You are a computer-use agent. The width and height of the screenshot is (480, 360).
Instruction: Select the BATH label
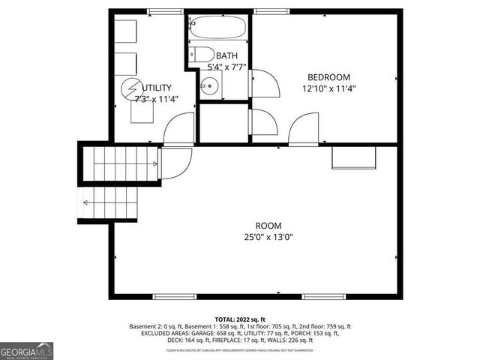[x=226, y=56]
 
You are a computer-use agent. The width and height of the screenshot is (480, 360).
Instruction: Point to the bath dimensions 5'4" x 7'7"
[x=226, y=67]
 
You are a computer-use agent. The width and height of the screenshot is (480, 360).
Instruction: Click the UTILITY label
[x=157, y=88]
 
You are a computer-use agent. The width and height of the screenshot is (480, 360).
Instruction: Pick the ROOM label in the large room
[x=268, y=226]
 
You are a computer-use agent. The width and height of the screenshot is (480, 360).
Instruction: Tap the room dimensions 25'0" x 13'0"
[x=268, y=237]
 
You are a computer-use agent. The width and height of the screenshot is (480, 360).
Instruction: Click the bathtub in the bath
[x=217, y=28]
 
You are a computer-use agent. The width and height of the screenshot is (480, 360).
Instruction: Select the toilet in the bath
[x=199, y=55]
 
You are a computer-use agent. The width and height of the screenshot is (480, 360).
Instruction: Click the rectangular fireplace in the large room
[x=353, y=157]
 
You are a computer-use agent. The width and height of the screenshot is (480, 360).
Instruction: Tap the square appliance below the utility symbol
[x=141, y=112]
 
